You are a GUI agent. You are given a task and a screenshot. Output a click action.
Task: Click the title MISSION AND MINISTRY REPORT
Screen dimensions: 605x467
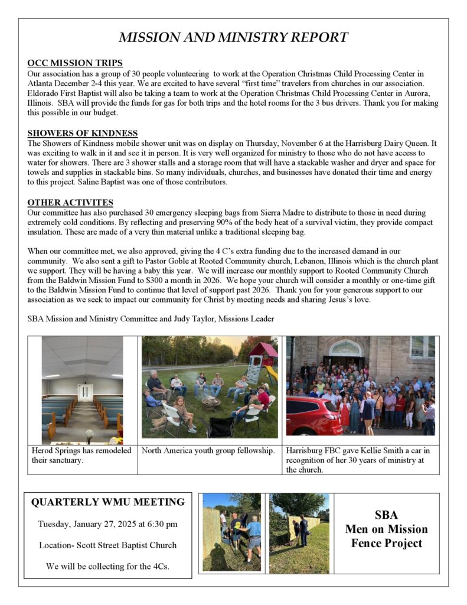click(233, 38)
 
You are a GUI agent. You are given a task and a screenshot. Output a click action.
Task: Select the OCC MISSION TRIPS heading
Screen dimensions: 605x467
click(75, 63)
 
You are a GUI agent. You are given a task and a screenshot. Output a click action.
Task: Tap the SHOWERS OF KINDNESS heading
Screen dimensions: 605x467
click(83, 133)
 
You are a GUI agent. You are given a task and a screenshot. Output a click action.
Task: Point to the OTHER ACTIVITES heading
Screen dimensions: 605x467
click(70, 203)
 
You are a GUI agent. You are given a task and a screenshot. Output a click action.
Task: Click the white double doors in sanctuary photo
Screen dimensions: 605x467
click(85, 393)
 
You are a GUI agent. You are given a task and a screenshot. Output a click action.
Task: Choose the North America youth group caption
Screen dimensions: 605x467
click(208, 451)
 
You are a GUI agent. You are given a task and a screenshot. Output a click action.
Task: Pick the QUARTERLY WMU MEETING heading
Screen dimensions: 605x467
click(107, 502)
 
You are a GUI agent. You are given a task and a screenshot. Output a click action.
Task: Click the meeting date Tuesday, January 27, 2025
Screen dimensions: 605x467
click(107, 524)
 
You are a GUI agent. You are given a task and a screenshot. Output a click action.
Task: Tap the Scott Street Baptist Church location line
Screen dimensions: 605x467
click(107, 545)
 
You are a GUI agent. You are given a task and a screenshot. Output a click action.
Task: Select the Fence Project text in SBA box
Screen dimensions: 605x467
click(387, 543)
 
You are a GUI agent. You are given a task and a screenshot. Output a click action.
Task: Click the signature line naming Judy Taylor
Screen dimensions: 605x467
click(151, 318)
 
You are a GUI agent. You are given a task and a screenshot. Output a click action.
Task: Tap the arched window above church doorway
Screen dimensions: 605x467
click(345, 348)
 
